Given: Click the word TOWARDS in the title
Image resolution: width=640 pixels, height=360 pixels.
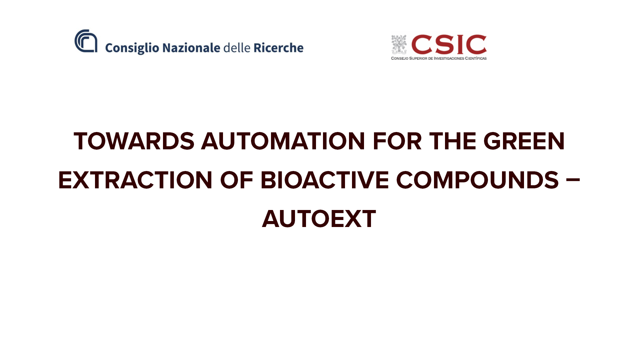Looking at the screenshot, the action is coord(134,141).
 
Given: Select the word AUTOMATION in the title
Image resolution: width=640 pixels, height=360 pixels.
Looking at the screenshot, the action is coord(283,141).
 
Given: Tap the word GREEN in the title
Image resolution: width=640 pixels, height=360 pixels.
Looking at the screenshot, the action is coord(524,141).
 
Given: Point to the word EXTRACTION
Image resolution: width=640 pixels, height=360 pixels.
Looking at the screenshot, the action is coord(135,180).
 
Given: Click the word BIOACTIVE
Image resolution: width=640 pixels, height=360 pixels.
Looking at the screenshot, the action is coord(325,180).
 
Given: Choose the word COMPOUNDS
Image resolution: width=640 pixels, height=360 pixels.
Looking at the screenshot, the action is coord(477,180).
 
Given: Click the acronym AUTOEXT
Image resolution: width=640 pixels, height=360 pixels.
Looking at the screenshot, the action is coord(319,219).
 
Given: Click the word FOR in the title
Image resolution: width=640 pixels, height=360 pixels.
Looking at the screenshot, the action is coord(397,141).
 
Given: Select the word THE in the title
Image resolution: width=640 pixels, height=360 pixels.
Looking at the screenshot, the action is coord(453,141).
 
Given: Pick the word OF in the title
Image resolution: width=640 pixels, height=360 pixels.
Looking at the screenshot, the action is coord(237,180).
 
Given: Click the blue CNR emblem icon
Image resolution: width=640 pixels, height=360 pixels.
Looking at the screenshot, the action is coord(86,41).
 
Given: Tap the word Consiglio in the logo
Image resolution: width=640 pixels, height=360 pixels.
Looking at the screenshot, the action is coord(132,48).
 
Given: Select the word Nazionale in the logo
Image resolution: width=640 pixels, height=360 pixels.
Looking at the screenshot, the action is coord(191,48).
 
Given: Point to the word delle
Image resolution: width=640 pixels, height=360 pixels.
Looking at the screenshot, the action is coord(237,48).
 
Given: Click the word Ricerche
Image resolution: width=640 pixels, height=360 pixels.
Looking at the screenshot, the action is coord(279,48).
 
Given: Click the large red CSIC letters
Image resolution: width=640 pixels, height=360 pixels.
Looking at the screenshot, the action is coord(449,44).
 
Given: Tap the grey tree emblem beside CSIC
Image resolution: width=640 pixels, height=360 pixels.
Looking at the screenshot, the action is coord(399,44).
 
